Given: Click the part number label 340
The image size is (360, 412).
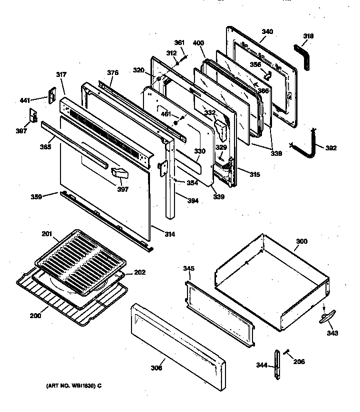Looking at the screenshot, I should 267,32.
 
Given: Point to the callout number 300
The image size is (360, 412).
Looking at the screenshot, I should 301,242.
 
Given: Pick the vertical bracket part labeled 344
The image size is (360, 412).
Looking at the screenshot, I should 277,365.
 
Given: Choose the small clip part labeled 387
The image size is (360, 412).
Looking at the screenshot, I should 33,116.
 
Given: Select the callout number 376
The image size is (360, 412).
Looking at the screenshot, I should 112,73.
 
